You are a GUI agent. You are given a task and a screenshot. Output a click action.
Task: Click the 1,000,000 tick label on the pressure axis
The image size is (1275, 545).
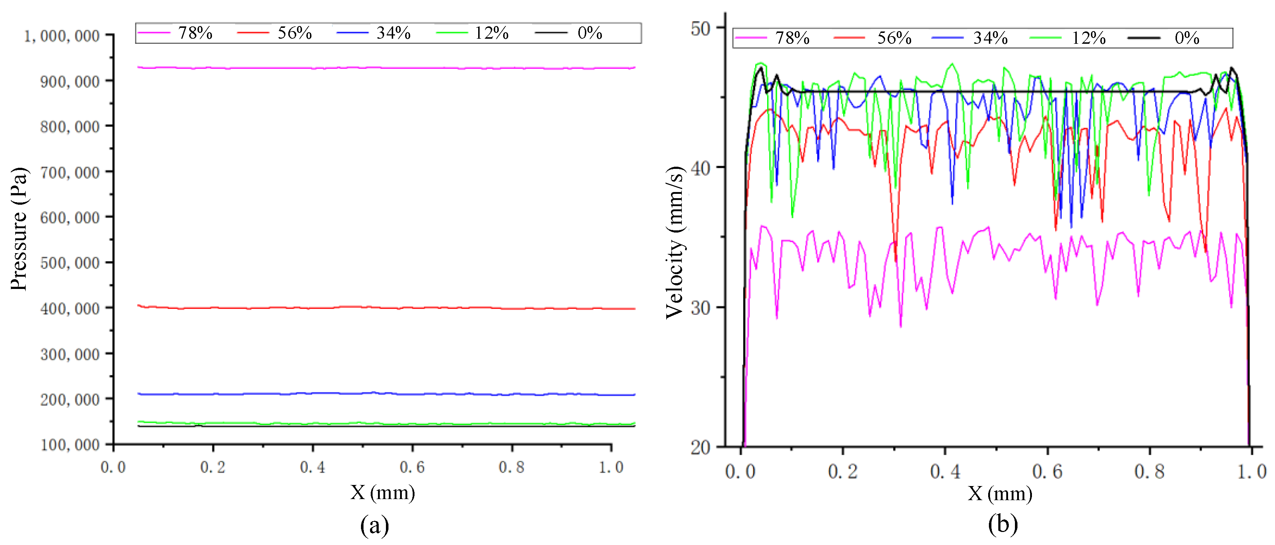[62, 36]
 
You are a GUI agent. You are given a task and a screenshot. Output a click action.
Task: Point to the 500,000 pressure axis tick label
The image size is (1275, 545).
[70, 263]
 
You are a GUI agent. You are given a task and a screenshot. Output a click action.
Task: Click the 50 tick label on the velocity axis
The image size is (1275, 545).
[700, 29]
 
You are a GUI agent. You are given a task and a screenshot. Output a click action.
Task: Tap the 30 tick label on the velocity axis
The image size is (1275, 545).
[700, 308]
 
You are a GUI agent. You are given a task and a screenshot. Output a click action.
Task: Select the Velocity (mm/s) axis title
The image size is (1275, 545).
[674, 243]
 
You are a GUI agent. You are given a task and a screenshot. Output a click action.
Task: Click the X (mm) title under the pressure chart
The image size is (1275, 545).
[383, 493]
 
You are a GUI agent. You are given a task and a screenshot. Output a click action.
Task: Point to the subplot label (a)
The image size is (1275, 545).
[374, 525]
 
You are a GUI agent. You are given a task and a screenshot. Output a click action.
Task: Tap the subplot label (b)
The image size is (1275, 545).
[1003, 524]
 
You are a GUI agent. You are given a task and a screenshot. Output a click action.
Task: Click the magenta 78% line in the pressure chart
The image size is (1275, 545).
[386, 68]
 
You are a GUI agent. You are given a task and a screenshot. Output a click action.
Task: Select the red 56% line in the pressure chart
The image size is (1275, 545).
[386, 308]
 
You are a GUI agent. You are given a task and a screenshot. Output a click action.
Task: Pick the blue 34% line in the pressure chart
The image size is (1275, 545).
[386, 394]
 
